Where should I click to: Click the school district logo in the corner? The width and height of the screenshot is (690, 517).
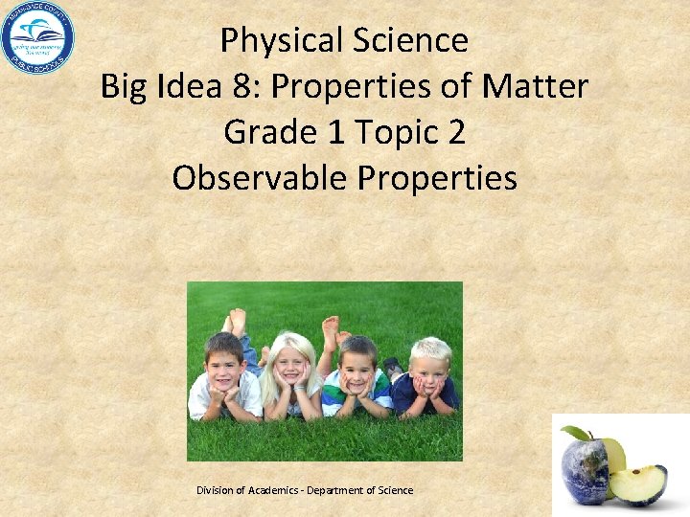(37, 38)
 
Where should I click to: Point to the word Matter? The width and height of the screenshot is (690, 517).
(538, 86)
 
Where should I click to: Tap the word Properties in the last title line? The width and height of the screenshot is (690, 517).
(441, 178)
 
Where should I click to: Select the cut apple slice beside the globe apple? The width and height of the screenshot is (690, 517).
(639, 484)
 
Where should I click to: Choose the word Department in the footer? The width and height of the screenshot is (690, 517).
(342, 490)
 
